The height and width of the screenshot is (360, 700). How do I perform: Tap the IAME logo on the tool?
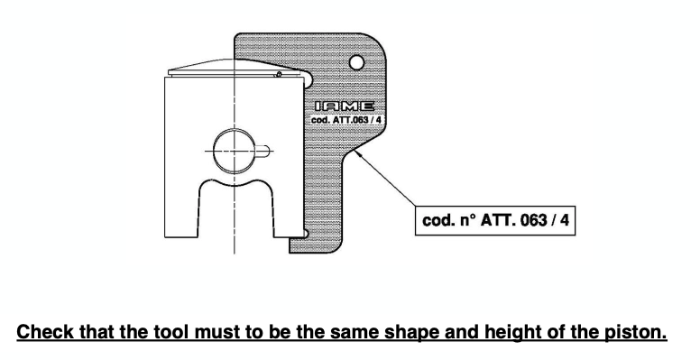click(333, 109)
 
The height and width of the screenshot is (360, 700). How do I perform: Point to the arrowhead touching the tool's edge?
click(359, 154)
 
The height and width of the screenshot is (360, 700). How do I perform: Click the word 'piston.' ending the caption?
click(636, 333)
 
